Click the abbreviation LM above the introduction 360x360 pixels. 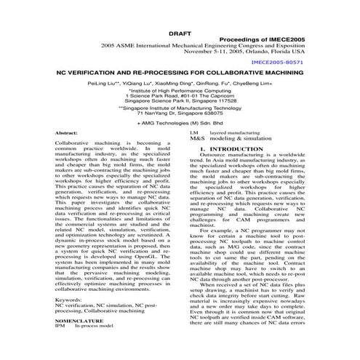(193, 133)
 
